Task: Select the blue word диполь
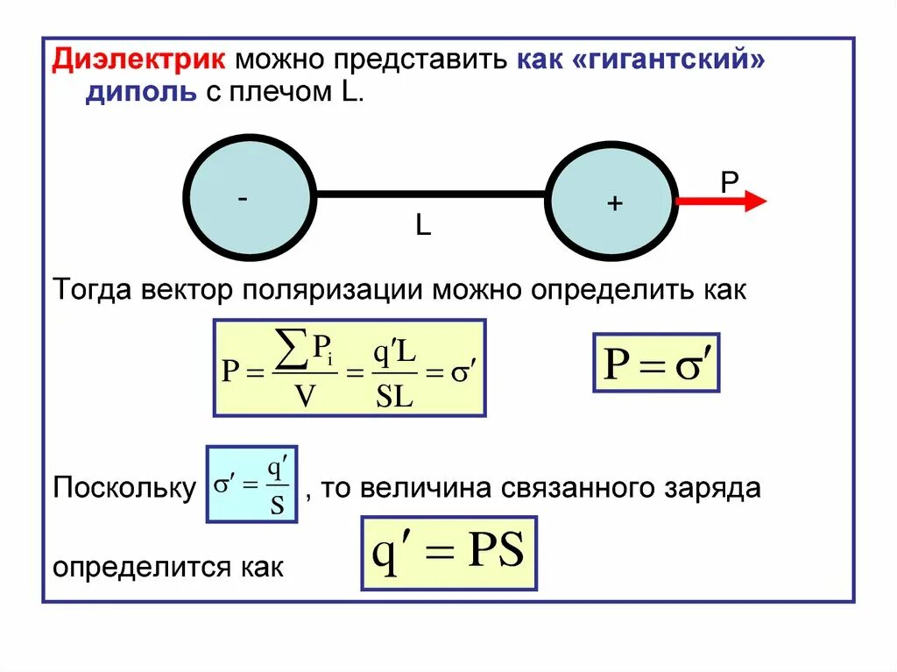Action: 140,94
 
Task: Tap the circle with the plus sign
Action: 612,202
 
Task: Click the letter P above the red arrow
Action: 729,181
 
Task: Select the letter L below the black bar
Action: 423,227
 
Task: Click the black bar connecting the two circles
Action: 430,194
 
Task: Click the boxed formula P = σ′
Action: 656,362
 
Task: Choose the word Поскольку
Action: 124,488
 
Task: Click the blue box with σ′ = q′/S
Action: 251,484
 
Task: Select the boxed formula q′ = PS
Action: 448,553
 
